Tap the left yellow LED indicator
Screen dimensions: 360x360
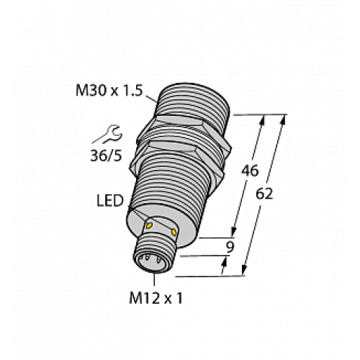pyautogui.click(x=150, y=226)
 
